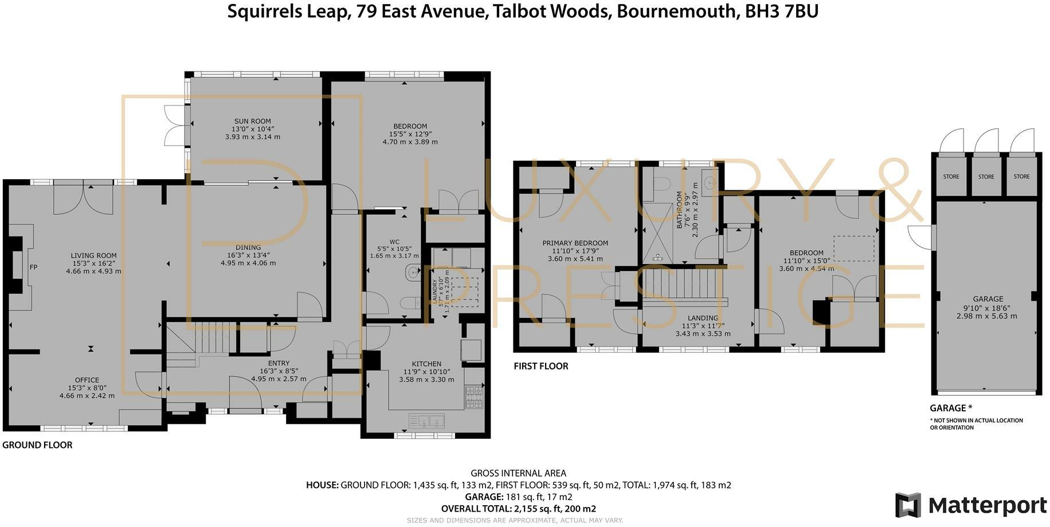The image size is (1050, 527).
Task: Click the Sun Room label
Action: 252,121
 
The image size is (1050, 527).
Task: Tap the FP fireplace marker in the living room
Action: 33,267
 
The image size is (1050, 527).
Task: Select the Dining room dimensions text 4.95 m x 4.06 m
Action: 248,263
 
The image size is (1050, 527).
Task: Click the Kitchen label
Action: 426,364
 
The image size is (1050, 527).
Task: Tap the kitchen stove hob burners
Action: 473,397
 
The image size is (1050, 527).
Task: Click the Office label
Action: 87,380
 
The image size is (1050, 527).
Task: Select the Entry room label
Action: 279,363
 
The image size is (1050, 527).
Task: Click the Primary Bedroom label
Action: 575,243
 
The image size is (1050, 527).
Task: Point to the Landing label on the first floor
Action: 703,318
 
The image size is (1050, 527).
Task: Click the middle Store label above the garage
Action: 986,176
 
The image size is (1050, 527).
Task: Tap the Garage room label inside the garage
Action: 988,299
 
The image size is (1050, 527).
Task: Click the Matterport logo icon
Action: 908,505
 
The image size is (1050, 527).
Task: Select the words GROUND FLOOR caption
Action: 38,445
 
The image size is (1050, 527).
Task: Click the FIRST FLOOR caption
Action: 541,366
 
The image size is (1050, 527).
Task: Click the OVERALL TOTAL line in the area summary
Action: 519,509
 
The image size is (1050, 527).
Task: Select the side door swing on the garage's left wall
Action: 920,237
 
